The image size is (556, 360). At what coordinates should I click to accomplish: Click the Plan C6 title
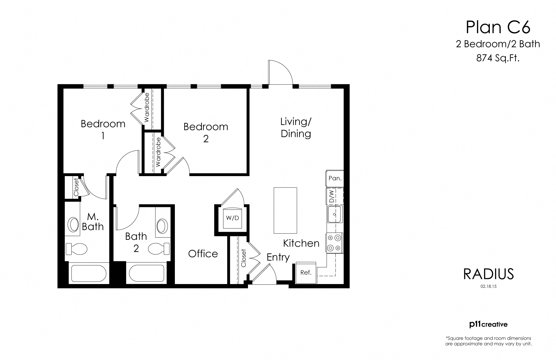click(498, 27)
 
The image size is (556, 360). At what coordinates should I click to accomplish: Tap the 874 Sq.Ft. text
click(498, 58)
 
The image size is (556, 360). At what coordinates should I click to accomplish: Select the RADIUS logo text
click(488, 274)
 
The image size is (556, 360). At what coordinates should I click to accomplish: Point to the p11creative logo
click(488, 324)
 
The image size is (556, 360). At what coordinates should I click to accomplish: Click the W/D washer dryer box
click(232, 218)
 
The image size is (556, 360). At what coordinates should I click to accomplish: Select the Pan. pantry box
click(335, 178)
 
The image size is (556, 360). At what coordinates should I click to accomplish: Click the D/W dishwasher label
click(332, 197)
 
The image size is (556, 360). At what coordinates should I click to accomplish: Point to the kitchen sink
click(335, 214)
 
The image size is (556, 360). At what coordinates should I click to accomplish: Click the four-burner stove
click(334, 243)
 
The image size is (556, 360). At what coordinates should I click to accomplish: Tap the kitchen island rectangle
click(285, 210)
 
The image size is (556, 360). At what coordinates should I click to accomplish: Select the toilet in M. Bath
click(76, 248)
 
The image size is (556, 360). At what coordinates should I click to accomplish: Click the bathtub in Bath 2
click(147, 273)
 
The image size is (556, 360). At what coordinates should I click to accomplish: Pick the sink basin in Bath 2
click(162, 226)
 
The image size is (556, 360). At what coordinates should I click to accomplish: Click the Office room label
click(203, 254)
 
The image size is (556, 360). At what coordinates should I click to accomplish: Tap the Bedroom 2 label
click(206, 132)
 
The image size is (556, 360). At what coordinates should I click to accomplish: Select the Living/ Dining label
click(296, 128)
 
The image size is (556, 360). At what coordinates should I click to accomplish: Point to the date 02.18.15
click(488, 286)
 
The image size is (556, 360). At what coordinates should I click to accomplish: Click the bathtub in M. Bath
click(89, 273)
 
